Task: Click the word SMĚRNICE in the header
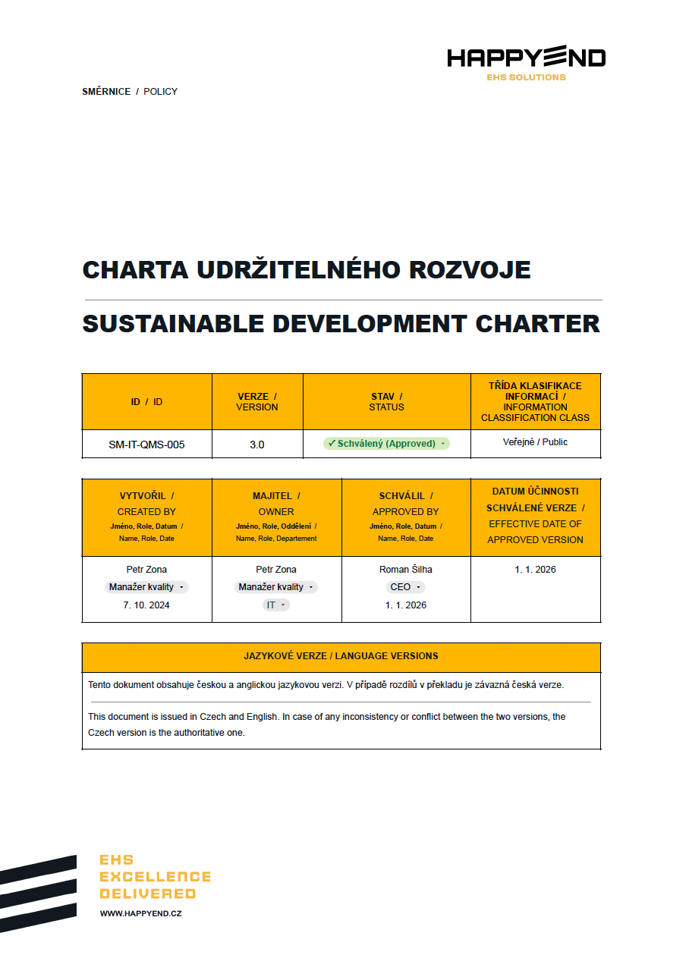pyautogui.click(x=106, y=92)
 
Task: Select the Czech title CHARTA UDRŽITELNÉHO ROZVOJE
pyautogui.click(x=306, y=270)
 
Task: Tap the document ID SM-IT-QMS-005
pyautogui.click(x=146, y=445)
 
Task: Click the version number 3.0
pyautogui.click(x=257, y=445)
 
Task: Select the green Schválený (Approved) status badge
pyautogui.click(x=386, y=444)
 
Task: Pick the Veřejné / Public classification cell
pyautogui.click(x=535, y=442)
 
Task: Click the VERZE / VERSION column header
pyautogui.click(x=257, y=402)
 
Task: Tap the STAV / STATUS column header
pyautogui.click(x=386, y=402)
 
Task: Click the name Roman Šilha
pyautogui.click(x=405, y=570)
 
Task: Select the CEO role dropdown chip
pyautogui.click(x=405, y=587)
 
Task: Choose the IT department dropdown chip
pyautogui.click(x=276, y=605)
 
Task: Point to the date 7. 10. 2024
pyautogui.click(x=146, y=605)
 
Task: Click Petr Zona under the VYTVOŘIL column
pyautogui.click(x=146, y=570)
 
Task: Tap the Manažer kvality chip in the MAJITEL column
pyautogui.click(x=276, y=587)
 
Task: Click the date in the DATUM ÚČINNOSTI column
pyautogui.click(x=535, y=570)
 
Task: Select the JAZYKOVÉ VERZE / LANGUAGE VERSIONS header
pyautogui.click(x=341, y=656)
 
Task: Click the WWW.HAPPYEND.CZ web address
pyautogui.click(x=141, y=914)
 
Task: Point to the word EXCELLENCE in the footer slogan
pyautogui.click(x=155, y=877)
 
